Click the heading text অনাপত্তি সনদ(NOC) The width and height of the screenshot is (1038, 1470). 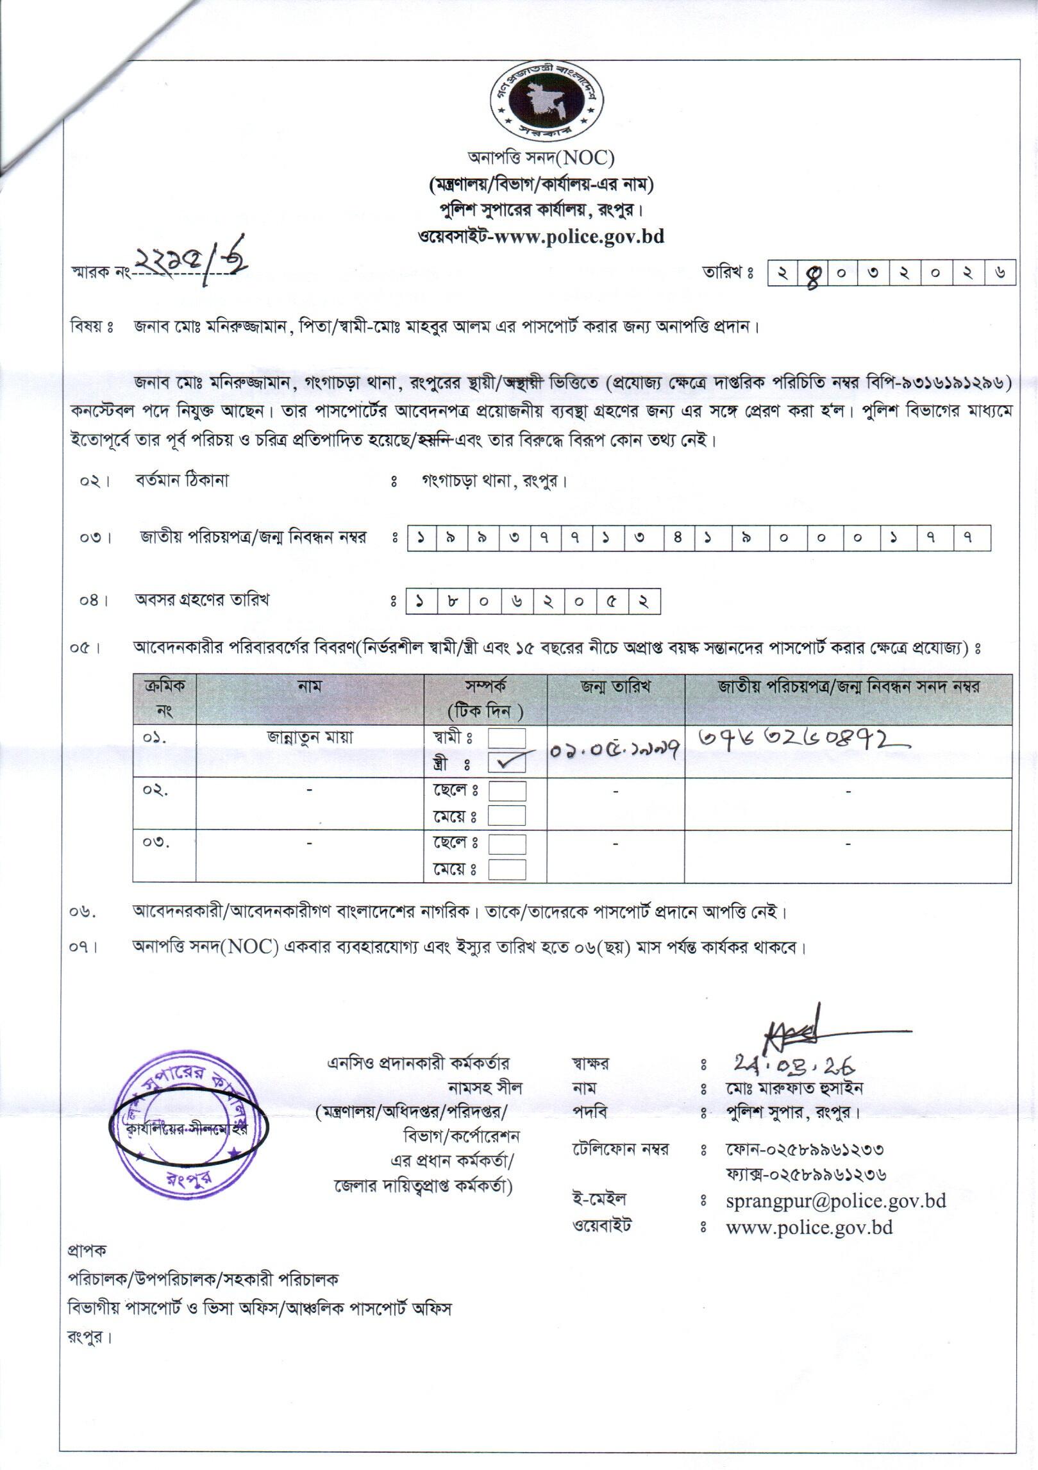point(541,157)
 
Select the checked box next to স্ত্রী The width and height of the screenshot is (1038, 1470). point(506,764)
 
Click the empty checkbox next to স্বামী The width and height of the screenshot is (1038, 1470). point(506,739)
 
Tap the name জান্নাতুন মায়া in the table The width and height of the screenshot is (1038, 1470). point(310,738)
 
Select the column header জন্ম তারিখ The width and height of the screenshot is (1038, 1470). point(615,687)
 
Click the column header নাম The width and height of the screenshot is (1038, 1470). point(310,687)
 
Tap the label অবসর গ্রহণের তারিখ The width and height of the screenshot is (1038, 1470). point(202,600)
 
